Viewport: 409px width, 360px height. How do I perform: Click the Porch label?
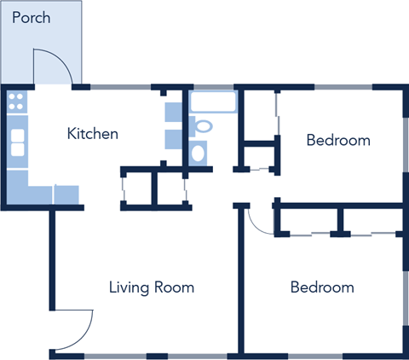tap(32, 18)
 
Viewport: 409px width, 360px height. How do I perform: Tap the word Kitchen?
tap(92, 134)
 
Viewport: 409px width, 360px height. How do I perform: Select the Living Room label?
tap(152, 287)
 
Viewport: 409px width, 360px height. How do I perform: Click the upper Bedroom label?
tap(338, 140)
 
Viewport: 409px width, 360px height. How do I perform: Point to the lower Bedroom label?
tap(322, 287)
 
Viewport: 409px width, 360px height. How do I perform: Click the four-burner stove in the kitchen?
tap(17, 104)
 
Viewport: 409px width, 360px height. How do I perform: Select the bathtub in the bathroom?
tap(212, 103)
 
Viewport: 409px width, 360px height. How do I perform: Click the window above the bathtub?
tap(212, 87)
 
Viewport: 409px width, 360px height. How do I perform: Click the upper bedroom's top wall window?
tap(344, 87)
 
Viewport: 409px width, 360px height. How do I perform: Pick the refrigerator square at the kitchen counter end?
tap(66, 195)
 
